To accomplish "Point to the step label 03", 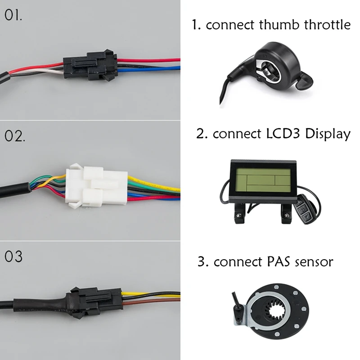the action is click(x=13, y=256).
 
